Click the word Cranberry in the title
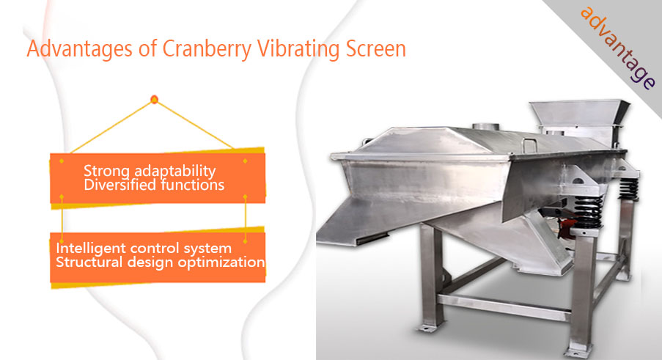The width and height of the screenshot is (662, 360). [x=207, y=49]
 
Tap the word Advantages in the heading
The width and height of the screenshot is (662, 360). [x=79, y=49]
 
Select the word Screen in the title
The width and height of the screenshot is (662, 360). [x=376, y=48]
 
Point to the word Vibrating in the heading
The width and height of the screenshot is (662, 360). [x=298, y=49]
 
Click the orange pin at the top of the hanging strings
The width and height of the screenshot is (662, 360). [x=154, y=100]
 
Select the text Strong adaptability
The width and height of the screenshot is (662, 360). [x=150, y=171]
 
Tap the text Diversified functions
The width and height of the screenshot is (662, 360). [x=154, y=185]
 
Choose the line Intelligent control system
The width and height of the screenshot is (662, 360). [x=144, y=248]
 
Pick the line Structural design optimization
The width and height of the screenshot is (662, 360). [x=161, y=262]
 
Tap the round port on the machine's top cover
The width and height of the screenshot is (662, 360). [x=485, y=126]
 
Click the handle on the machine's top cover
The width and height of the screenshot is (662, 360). [x=529, y=143]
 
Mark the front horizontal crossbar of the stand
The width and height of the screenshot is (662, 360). [x=504, y=307]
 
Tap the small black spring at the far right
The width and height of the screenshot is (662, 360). [x=629, y=188]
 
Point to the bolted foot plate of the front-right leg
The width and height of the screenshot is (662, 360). [x=581, y=351]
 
